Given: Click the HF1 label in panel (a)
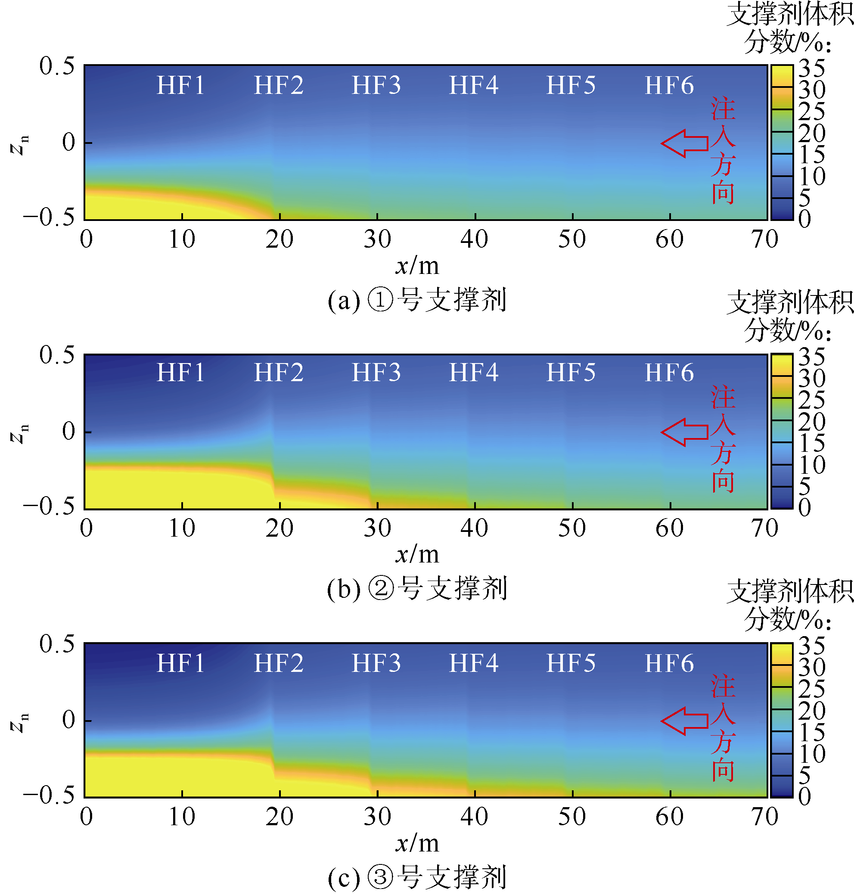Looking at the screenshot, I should [x=181, y=86].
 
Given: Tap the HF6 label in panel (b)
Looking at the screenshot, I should [x=669, y=373].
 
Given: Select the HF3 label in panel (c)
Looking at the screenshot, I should [x=376, y=663].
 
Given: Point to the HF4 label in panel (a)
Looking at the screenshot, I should [x=474, y=86].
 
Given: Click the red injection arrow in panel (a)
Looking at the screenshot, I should [x=684, y=143].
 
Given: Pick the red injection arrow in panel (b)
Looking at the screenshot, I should [x=684, y=432].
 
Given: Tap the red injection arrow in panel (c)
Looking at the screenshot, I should [x=684, y=721].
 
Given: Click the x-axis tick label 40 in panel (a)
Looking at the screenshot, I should [x=474, y=239].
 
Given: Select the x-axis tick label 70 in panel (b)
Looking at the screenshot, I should [x=765, y=528].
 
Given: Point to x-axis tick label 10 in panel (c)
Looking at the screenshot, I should [x=182, y=817].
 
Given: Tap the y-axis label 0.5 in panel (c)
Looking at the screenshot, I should [x=57, y=644].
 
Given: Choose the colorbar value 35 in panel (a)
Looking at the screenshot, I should [x=812, y=69].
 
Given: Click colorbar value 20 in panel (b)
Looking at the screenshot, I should [x=812, y=422].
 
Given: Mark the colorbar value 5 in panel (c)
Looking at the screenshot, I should [x=805, y=775].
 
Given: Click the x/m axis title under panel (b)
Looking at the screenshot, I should [x=417, y=554].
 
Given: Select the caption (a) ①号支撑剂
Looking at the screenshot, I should [x=417, y=301].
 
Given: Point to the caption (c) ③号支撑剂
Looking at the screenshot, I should [x=417, y=878].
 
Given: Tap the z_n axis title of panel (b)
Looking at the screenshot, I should [x=19, y=433].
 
